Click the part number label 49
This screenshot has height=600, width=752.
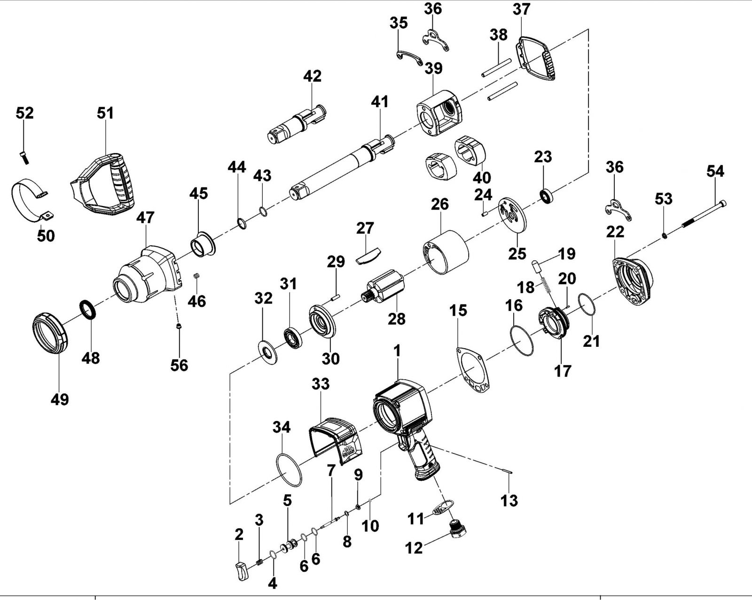point(60,399)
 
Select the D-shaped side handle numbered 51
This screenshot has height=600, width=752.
point(105,185)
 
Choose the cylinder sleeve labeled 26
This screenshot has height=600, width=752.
point(446,252)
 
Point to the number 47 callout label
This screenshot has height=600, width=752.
point(145,218)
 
